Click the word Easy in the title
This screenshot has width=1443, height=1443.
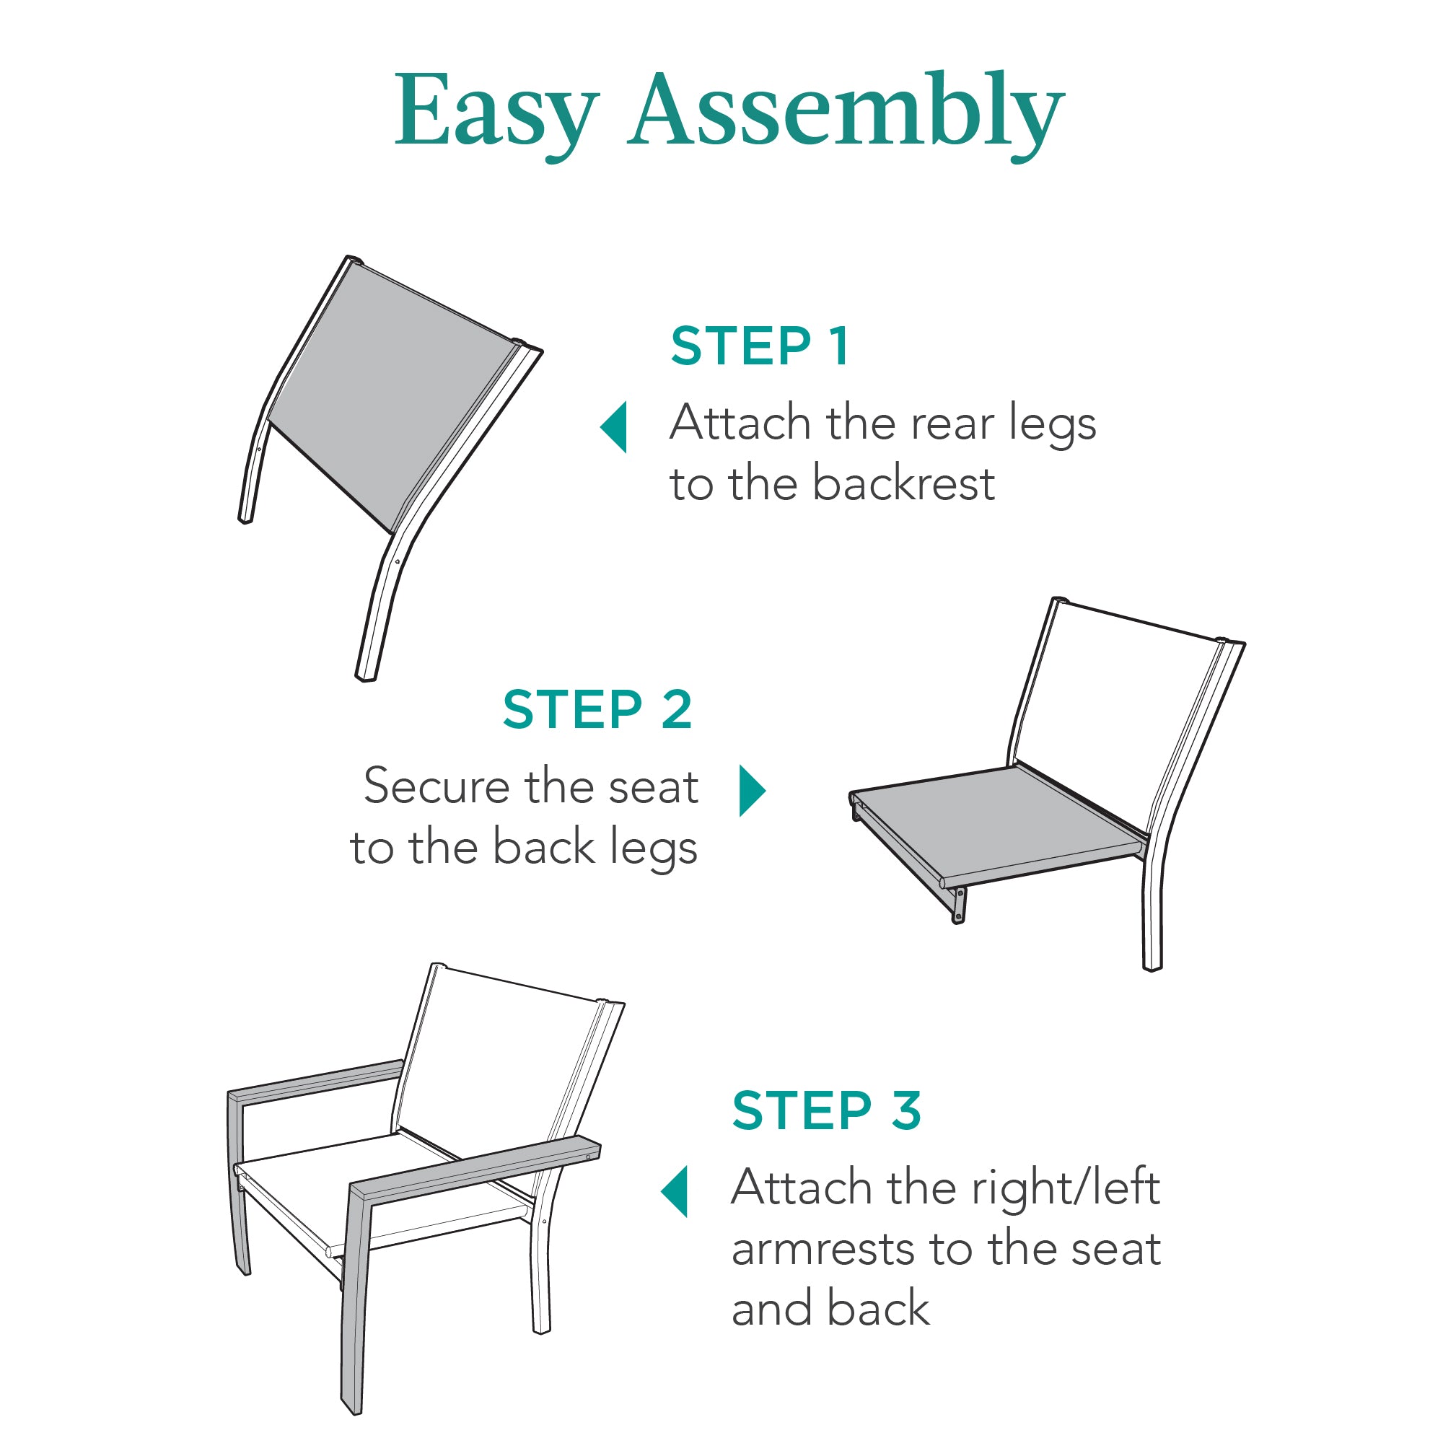pyautogui.click(x=496, y=112)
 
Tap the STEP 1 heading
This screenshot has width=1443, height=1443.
pyautogui.click(x=760, y=346)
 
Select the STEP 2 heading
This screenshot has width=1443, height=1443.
pyautogui.click(x=597, y=709)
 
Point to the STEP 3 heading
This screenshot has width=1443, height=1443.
pyautogui.click(x=827, y=1110)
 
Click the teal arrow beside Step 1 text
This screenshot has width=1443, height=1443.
pyautogui.click(x=615, y=427)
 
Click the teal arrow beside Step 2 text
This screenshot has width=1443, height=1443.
pyautogui.click(x=751, y=790)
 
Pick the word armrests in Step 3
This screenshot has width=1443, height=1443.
pyautogui.click(x=823, y=1249)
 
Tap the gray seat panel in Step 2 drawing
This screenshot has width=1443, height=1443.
pyautogui.click(x=1001, y=822)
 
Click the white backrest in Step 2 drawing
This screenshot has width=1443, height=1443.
pyautogui.click(x=1113, y=695)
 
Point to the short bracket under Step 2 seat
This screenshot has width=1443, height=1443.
pyautogui.click(x=958, y=905)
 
